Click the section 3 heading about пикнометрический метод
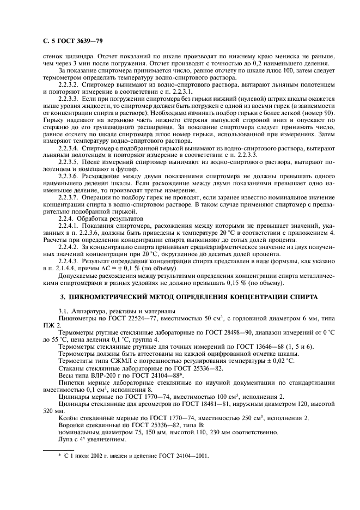tap(180, 296)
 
